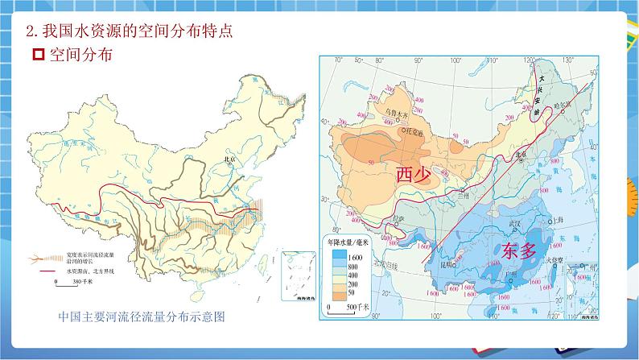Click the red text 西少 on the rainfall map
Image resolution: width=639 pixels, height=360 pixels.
(414, 175)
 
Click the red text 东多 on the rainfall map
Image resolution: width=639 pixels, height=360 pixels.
(517, 250)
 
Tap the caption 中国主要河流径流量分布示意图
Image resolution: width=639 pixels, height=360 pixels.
(141, 317)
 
